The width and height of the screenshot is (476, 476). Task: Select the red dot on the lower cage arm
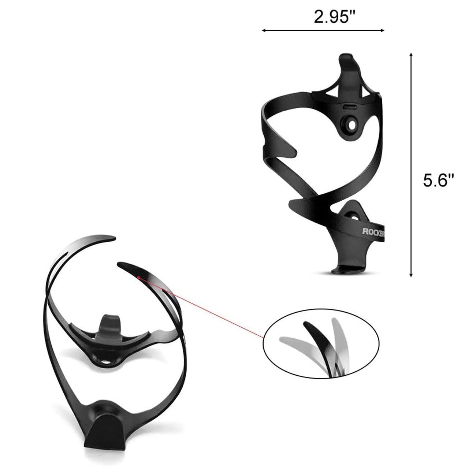pyautogui.click(x=139, y=277)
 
